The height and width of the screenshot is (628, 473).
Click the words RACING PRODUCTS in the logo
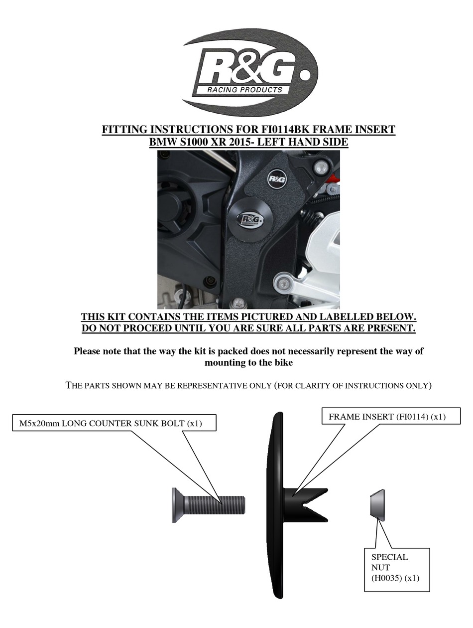point(244,90)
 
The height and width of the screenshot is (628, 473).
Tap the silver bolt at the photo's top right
point(322,167)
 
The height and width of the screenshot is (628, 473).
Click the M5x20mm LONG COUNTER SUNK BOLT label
point(114,423)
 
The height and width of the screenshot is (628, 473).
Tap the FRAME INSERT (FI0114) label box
point(391,416)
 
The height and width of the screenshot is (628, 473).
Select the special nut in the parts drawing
point(377,503)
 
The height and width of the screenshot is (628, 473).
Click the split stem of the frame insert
point(305,505)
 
